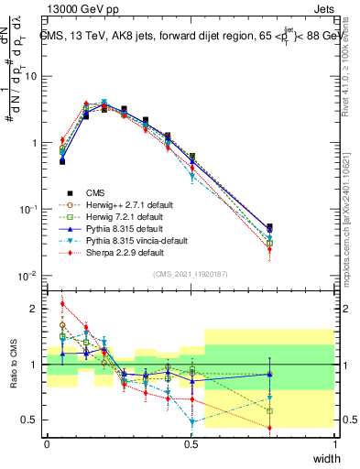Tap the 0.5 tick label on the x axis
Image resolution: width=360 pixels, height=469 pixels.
(191, 444)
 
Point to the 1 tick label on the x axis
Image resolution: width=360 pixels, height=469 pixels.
(334, 444)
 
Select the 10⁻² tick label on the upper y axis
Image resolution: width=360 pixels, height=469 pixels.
(30, 276)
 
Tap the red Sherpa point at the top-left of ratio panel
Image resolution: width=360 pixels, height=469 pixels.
(61, 304)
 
